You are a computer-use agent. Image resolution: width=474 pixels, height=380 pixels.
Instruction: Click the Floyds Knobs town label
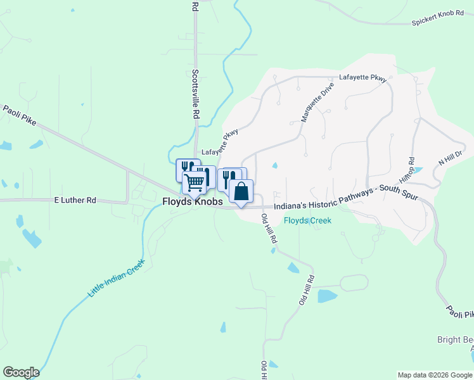coord(189,203)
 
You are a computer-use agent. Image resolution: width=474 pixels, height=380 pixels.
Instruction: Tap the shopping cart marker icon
coord(195,182)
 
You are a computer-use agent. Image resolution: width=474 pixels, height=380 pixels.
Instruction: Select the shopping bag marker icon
coord(241,191)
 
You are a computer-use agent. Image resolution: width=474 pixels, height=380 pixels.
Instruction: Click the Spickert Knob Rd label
coord(437,23)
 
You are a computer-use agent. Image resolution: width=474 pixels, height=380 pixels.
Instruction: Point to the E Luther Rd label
coord(75,200)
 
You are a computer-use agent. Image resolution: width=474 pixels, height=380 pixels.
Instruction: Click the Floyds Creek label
coord(307,220)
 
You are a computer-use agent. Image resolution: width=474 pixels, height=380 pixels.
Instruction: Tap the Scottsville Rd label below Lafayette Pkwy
coord(196,95)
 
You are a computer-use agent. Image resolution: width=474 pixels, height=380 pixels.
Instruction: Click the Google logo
coord(21,372)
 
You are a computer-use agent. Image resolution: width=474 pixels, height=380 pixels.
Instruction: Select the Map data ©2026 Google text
coord(434,375)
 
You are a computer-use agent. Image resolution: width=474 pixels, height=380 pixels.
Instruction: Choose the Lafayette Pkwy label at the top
coord(363,78)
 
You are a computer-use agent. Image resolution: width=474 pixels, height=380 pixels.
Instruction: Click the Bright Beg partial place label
coord(455,340)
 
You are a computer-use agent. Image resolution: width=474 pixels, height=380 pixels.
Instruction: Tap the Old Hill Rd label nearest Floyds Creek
coord(269,229)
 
